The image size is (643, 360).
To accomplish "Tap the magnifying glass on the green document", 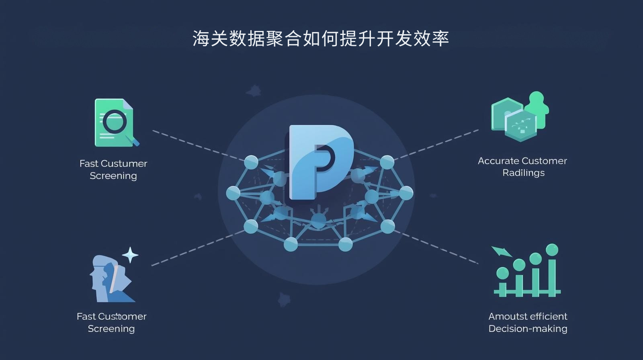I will click(x=115, y=121).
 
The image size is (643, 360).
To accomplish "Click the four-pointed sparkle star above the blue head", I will click(x=130, y=255).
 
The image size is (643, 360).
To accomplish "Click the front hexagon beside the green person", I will click(x=521, y=125).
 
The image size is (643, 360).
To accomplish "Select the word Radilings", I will click(x=524, y=173).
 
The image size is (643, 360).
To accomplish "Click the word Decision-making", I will click(x=528, y=329).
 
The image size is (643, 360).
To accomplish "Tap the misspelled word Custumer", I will click(x=124, y=164).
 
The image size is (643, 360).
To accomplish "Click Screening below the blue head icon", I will click(x=111, y=329).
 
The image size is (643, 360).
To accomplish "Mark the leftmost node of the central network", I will click(x=233, y=193).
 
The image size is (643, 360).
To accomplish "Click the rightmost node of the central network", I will click(x=406, y=193).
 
